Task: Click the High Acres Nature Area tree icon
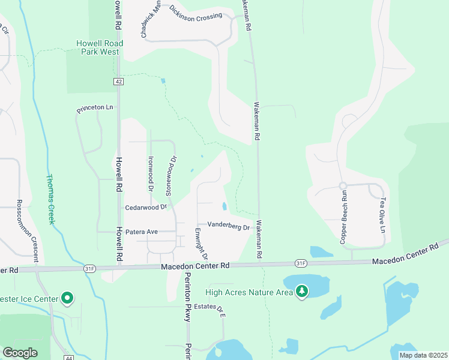(303, 292)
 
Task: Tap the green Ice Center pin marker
(68, 298)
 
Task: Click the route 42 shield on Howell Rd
(119, 80)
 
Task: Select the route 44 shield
(70, 358)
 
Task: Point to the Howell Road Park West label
(100, 47)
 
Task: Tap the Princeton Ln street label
(95, 109)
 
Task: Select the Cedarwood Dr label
(145, 207)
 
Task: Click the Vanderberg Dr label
(228, 226)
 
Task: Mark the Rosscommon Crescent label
(28, 230)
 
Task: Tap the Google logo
(20, 353)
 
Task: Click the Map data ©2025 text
(423, 355)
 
